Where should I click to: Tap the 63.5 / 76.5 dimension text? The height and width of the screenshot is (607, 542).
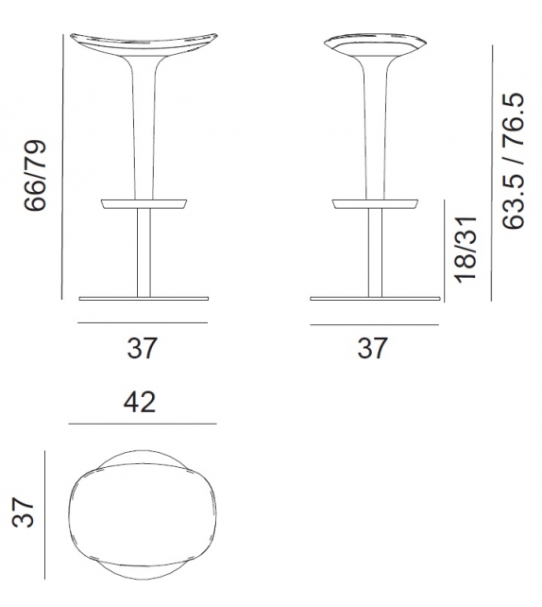[514, 162]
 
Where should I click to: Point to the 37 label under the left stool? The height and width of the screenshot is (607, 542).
[142, 348]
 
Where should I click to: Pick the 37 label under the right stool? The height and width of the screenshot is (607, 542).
[373, 348]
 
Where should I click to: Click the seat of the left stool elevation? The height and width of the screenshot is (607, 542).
[143, 43]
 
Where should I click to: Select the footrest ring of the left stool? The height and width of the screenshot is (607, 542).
[143, 202]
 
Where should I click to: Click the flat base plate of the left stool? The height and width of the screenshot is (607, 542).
[143, 300]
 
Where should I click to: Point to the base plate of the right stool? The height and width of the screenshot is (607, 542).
[374, 300]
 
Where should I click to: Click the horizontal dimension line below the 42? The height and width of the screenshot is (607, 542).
[141, 424]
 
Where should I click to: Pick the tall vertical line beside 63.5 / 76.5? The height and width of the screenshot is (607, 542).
[492, 170]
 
